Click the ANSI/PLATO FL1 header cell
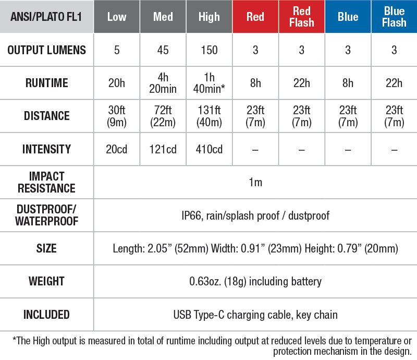(46, 17)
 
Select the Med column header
(163, 17)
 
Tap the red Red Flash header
(302, 17)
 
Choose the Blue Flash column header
(394, 17)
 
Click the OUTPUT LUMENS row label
(46, 50)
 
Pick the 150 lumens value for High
(209, 50)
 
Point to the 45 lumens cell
(163, 50)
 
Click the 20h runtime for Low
(116, 82)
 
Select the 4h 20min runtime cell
(163, 82)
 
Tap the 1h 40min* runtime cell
(209, 82)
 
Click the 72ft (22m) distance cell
(163, 116)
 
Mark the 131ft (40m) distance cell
(209, 116)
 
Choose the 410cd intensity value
(209, 149)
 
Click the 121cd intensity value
(163, 149)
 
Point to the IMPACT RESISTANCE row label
(46, 182)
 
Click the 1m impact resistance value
(255, 182)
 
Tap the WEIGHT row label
(46, 281)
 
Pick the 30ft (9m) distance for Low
(116, 116)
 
